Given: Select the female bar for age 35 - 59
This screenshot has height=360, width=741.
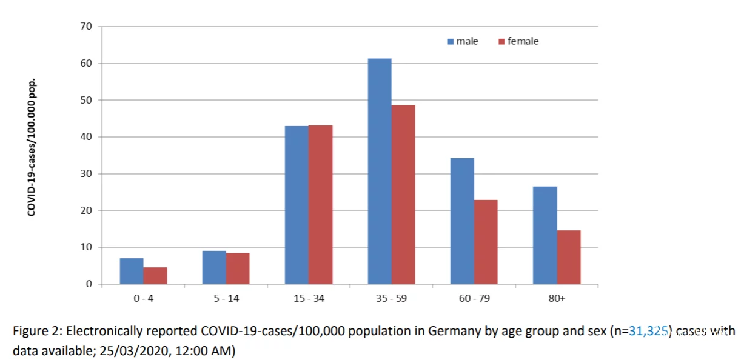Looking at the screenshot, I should [x=403, y=195].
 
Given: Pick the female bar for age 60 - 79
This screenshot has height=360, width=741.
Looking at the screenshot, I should [x=486, y=242].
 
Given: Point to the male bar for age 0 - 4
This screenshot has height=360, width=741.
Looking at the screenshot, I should [x=132, y=271].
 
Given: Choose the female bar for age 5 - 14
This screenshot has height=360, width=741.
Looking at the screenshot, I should [x=237, y=268].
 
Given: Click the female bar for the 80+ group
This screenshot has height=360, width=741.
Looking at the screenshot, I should [x=568, y=257].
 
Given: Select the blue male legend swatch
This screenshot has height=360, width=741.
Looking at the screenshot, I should [x=451, y=42].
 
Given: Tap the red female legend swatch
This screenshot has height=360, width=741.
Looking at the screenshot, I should [x=501, y=42].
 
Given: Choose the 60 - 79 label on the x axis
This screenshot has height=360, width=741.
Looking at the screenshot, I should [x=474, y=299].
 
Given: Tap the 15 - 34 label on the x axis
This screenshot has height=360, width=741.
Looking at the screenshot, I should [x=308, y=299].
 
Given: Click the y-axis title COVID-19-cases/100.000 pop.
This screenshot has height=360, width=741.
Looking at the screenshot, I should [x=32, y=147].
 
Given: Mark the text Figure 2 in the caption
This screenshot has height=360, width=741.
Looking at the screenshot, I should [x=36, y=331].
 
